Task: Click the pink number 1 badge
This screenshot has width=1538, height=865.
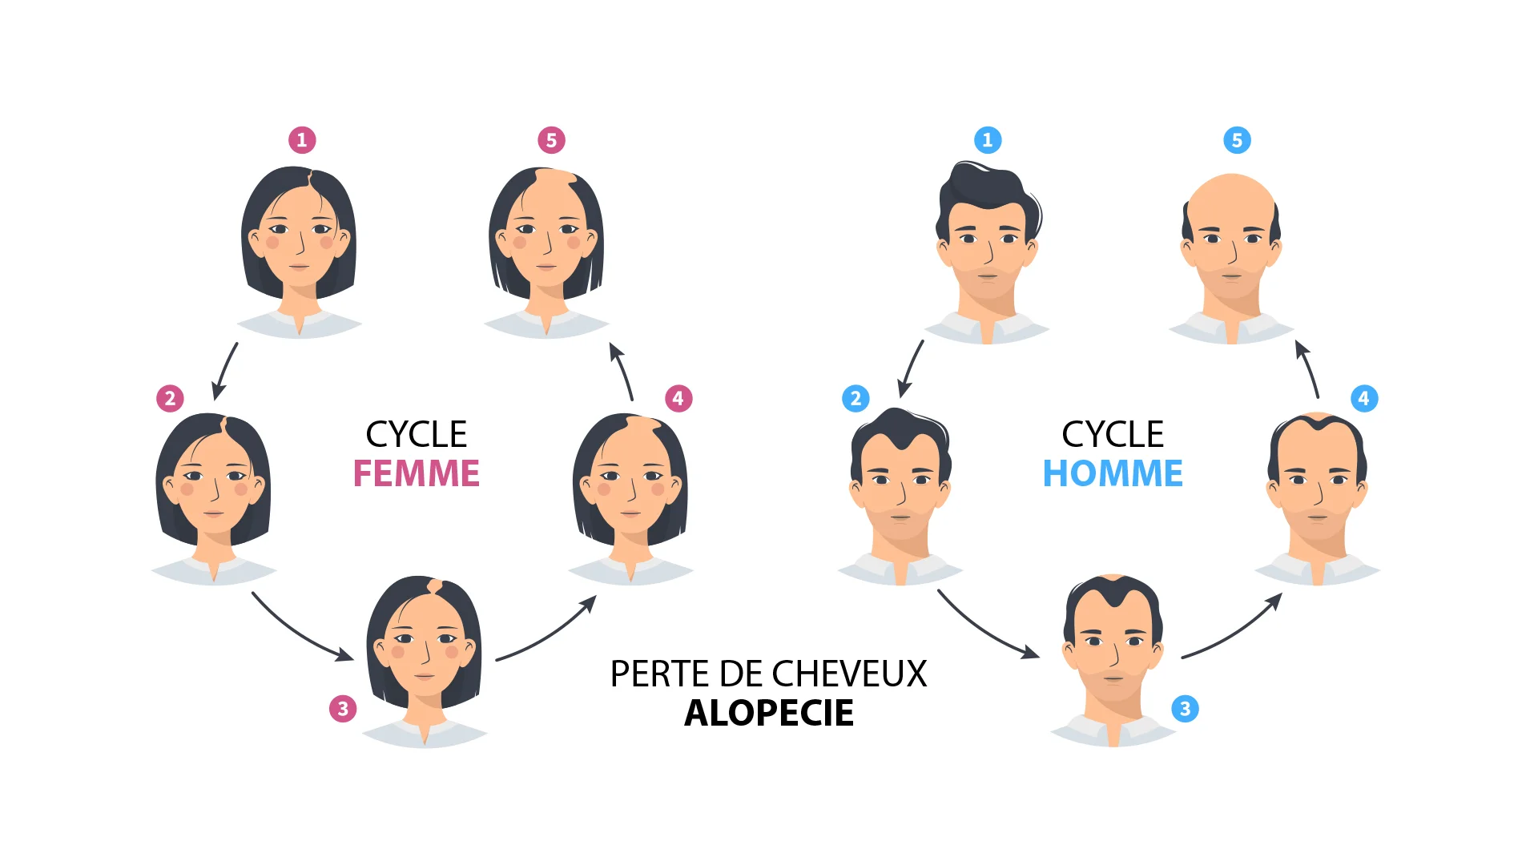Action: pyautogui.click(x=302, y=140)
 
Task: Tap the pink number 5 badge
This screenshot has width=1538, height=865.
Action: pyautogui.click(x=551, y=140)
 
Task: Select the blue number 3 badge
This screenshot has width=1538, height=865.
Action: pyautogui.click(x=1185, y=709)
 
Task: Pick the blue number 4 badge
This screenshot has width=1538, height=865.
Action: pyautogui.click(x=1364, y=398)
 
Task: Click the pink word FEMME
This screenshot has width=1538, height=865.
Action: pyautogui.click(x=416, y=473)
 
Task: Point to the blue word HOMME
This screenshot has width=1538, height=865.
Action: pyautogui.click(x=1113, y=473)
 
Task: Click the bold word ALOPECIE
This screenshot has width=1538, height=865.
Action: pyautogui.click(x=769, y=713)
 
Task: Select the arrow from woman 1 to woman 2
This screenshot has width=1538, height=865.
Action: pyautogui.click(x=224, y=371)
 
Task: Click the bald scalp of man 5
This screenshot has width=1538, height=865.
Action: pyautogui.click(x=1231, y=196)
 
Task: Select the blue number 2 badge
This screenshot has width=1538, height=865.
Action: pyautogui.click(x=856, y=398)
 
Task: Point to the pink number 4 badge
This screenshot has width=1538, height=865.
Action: pyautogui.click(x=678, y=398)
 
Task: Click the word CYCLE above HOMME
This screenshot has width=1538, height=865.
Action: pyautogui.click(x=1113, y=434)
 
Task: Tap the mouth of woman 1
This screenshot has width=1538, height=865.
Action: pyautogui.click(x=299, y=268)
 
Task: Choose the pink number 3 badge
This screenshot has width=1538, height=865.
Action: pyautogui.click(x=343, y=709)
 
